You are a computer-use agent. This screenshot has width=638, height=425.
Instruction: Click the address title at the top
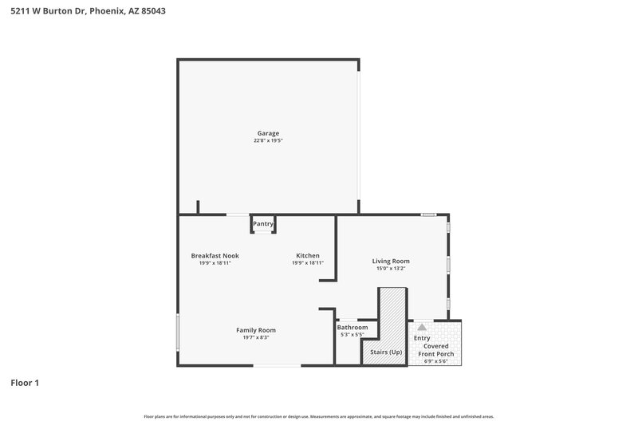click(x=89, y=12)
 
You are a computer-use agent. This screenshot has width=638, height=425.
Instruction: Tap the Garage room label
click(x=268, y=133)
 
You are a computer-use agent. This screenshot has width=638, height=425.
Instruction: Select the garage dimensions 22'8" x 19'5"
click(x=268, y=140)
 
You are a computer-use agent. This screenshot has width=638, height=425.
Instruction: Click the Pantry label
click(x=263, y=224)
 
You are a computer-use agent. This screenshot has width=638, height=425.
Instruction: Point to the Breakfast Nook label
click(x=215, y=256)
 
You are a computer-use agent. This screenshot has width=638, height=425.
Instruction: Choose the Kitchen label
click(x=308, y=256)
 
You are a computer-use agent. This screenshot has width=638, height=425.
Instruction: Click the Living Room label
click(x=391, y=261)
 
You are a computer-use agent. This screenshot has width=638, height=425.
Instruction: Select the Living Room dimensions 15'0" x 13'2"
click(x=391, y=268)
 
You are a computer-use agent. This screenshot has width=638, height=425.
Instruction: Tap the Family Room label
click(x=255, y=330)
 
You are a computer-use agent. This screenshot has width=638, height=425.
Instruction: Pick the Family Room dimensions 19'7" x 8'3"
click(x=255, y=337)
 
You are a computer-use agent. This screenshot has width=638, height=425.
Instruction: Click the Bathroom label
click(x=352, y=327)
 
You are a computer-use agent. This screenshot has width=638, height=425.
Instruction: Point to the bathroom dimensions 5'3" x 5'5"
click(x=352, y=334)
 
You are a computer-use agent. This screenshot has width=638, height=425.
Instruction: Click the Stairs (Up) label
click(x=385, y=352)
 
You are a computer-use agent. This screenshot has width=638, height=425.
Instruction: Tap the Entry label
click(x=421, y=338)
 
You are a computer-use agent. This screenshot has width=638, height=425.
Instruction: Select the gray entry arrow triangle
click(x=422, y=326)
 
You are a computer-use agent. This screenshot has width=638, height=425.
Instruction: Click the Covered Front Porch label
click(x=439, y=350)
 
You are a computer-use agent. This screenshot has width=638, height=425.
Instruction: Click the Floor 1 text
click(x=25, y=383)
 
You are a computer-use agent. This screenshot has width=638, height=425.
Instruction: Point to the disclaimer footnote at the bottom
click(x=319, y=416)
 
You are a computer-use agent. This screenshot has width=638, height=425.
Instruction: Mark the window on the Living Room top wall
click(x=428, y=214)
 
